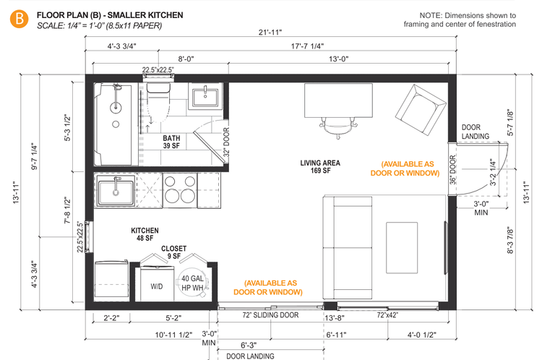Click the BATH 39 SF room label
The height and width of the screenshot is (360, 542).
[171, 142]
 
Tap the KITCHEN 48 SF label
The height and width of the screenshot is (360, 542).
[145, 234]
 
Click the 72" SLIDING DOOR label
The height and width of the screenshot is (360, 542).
[270, 316]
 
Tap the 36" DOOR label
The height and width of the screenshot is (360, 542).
[452, 171]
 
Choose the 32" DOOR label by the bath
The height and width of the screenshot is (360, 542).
[225, 144]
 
